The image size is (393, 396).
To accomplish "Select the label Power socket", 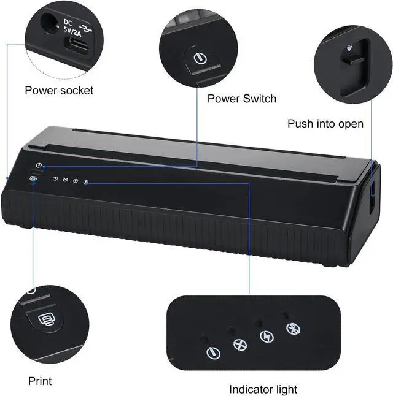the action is point(59,91).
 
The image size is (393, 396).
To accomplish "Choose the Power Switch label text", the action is point(241,99).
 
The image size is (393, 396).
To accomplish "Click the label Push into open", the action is point(325,124).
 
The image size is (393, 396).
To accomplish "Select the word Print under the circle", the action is point(40,381).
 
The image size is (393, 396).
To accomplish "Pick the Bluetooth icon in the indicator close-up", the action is point(292,329).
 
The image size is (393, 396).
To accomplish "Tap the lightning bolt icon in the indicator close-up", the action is point(266,337).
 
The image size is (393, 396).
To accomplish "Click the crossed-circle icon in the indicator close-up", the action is point(239,345).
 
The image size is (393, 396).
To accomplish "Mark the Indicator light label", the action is point(263,389).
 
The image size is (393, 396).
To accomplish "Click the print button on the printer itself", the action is point(33,179).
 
